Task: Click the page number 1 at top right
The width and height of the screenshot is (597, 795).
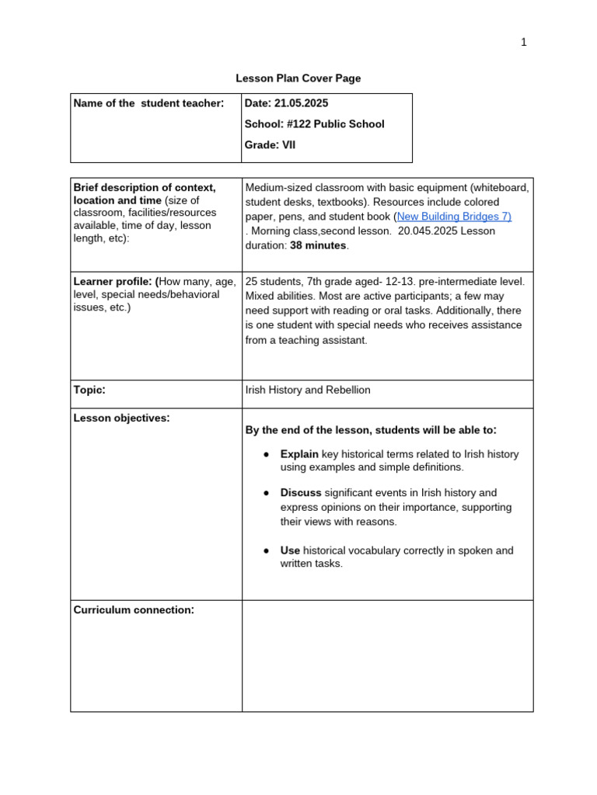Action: point(524,43)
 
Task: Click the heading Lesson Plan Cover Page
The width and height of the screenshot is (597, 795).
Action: point(298,78)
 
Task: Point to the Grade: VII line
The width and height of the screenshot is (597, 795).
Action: point(270,145)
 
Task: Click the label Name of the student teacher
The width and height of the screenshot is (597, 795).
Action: point(148,103)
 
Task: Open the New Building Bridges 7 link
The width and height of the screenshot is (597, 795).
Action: point(454,217)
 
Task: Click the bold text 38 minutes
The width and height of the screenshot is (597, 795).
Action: point(318,245)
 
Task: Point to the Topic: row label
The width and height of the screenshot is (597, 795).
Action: point(89,390)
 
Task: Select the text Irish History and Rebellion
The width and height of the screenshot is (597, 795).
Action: point(308,390)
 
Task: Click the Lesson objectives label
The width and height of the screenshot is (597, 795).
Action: point(121,418)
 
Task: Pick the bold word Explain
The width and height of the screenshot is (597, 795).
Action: point(299,454)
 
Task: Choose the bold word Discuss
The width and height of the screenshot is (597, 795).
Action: point(301,493)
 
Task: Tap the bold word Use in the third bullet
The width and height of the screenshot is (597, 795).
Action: point(290,550)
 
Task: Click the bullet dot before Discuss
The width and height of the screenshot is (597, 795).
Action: point(266,493)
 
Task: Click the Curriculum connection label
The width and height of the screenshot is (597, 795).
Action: point(133,610)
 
